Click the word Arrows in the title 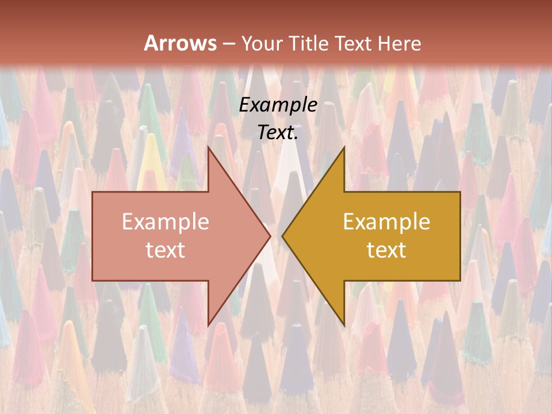pos(180,43)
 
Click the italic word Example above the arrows pos(278,105)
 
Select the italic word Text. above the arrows pos(278,133)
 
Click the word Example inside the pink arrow pos(166,221)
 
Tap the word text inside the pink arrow pos(166,250)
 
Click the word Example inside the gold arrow pos(386,221)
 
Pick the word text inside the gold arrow pos(386,250)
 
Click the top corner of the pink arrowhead pos(208,147)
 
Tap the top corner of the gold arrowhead pos(344,147)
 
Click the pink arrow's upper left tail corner pos(93,192)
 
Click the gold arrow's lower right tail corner pos(460,280)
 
